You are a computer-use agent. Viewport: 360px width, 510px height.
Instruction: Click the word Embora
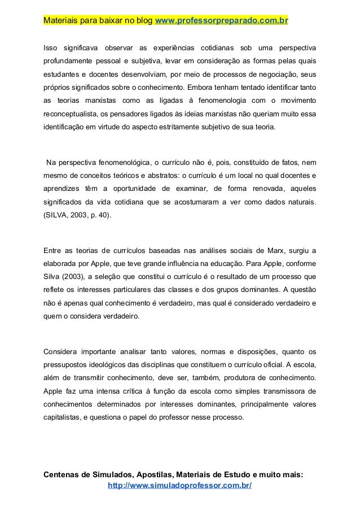[x=201, y=88]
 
